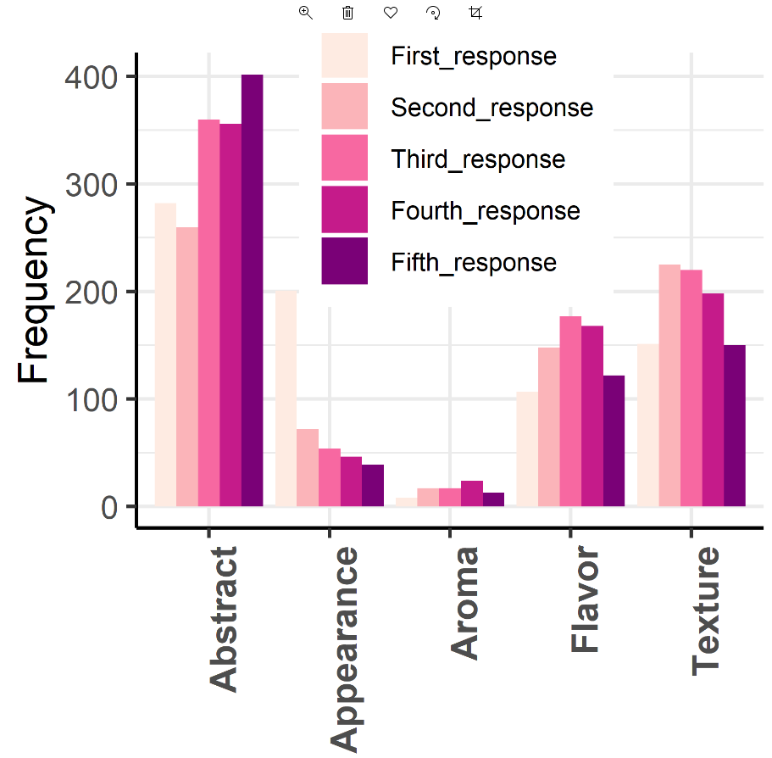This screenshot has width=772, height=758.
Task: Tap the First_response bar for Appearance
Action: tap(286, 399)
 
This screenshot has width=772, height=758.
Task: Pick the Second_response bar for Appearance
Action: tap(308, 468)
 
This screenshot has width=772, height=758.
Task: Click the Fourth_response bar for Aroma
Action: tap(472, 493)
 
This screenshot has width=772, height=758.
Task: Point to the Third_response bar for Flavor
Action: tap(569, 411)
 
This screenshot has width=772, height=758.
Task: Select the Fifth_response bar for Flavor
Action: tap(613, 441)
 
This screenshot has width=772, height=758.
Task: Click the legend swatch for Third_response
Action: tap(344, 159)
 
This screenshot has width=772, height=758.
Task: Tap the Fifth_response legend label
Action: tap(474, 262)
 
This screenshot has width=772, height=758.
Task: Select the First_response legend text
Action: tap(474, 57)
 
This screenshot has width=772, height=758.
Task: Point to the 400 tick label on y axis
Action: tap(92, 77)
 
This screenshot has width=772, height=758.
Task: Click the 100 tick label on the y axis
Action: tap(92, 399)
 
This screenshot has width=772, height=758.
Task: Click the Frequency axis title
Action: tap(36, 290)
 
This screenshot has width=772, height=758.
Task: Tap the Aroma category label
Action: tap(464, 602)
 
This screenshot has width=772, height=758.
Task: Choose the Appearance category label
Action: tap(344, 649)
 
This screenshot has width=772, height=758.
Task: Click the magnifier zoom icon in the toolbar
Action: tap(306, 13)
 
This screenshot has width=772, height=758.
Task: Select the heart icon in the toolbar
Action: tap(391, 13)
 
